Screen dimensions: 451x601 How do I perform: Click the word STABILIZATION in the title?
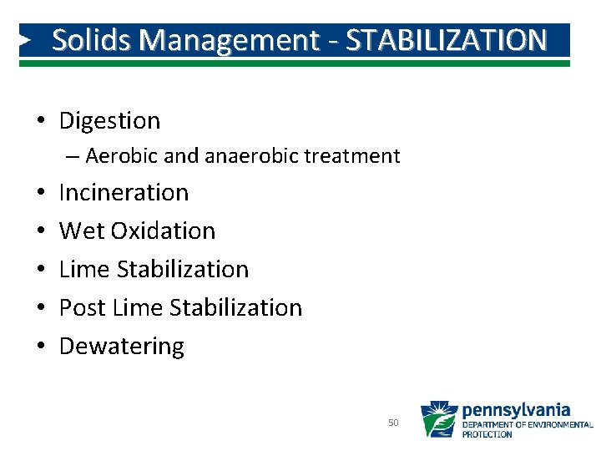tap(447, 40)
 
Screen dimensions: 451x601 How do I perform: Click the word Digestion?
tap(109, 121)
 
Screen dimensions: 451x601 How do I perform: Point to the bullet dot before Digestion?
tap(39, 122)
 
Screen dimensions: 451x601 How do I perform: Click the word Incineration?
tap(124, 193)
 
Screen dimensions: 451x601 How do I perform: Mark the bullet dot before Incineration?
tap(39, 194)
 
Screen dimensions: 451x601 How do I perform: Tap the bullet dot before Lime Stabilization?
tap(39, 271)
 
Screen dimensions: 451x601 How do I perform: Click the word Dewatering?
tap(121, 347)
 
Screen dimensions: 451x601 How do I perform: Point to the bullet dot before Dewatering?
tap(39, 347)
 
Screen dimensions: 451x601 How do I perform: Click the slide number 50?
tap(393, 423)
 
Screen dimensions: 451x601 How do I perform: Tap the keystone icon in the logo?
tap(438, 419)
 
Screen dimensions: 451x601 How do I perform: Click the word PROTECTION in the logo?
tap(488, 434)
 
